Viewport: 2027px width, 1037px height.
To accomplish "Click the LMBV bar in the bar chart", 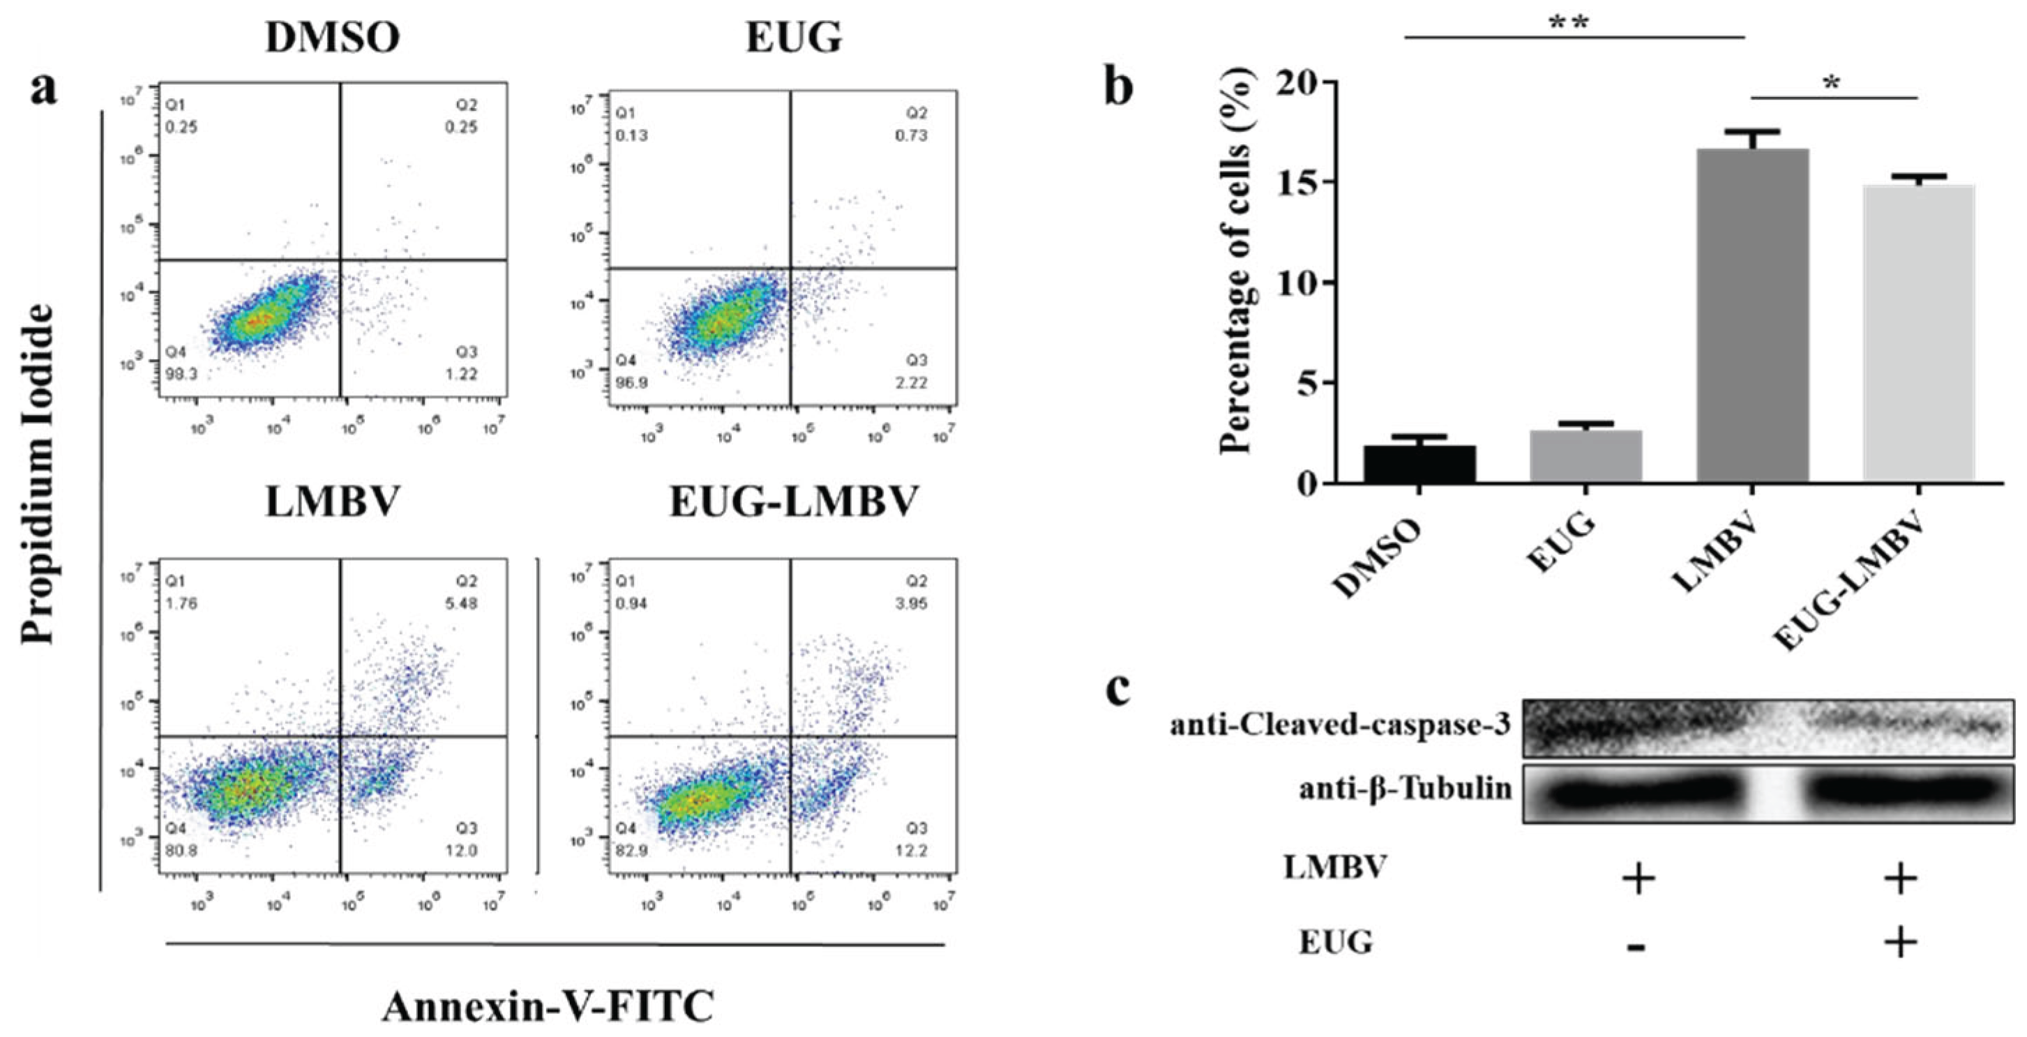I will (x=1752, y=315).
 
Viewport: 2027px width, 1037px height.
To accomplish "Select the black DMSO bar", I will (x=1419, y=464).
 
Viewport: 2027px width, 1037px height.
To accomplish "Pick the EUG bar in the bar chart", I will (x=1585, y=455).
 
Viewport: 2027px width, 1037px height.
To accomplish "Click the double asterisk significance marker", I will (x=1568, y=22).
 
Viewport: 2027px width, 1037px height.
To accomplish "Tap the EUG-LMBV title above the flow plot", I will (x=793, y=502).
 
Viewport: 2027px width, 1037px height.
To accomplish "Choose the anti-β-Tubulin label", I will (x=1406, y=787).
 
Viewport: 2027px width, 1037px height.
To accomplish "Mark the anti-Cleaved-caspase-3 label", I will (x=1340, y=724).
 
